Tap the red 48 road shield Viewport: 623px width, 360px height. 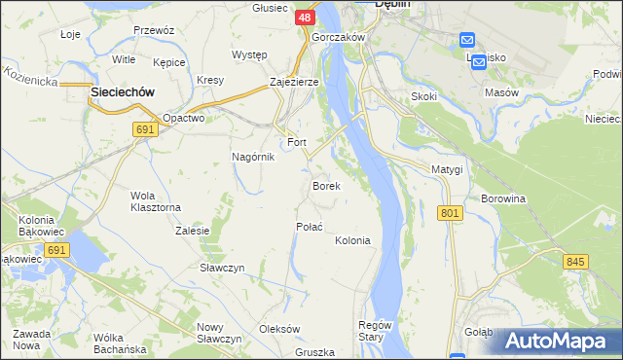click(x=304, y=18)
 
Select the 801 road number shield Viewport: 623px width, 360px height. click(x=449, y=213)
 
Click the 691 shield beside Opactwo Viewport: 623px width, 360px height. click(x=147, y=130)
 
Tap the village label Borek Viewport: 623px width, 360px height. click(x=325, y=185)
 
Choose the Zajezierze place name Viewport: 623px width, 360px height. click(x=294, y=83)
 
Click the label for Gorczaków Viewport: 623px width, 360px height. click(x=338, y=37)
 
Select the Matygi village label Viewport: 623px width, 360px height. click(x=447, y=169)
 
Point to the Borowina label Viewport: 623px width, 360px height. click(x=503, y=198)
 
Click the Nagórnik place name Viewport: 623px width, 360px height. click(x=252, y=157)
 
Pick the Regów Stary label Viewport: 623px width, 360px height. click(x=375, y=331)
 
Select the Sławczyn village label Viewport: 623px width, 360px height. click(x=221, y=268)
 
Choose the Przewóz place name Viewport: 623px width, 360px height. click(x=154, y=30)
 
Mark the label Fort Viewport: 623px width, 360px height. click(x=296, y=142)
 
